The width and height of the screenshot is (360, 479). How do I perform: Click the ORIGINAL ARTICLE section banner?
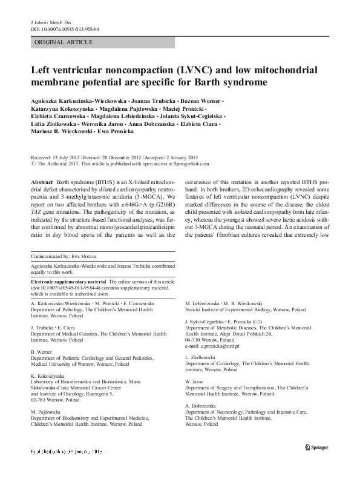64,42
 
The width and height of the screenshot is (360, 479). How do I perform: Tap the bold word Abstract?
41,182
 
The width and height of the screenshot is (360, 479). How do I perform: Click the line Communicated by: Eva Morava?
61,257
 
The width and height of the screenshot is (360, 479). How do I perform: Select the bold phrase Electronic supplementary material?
67,282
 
